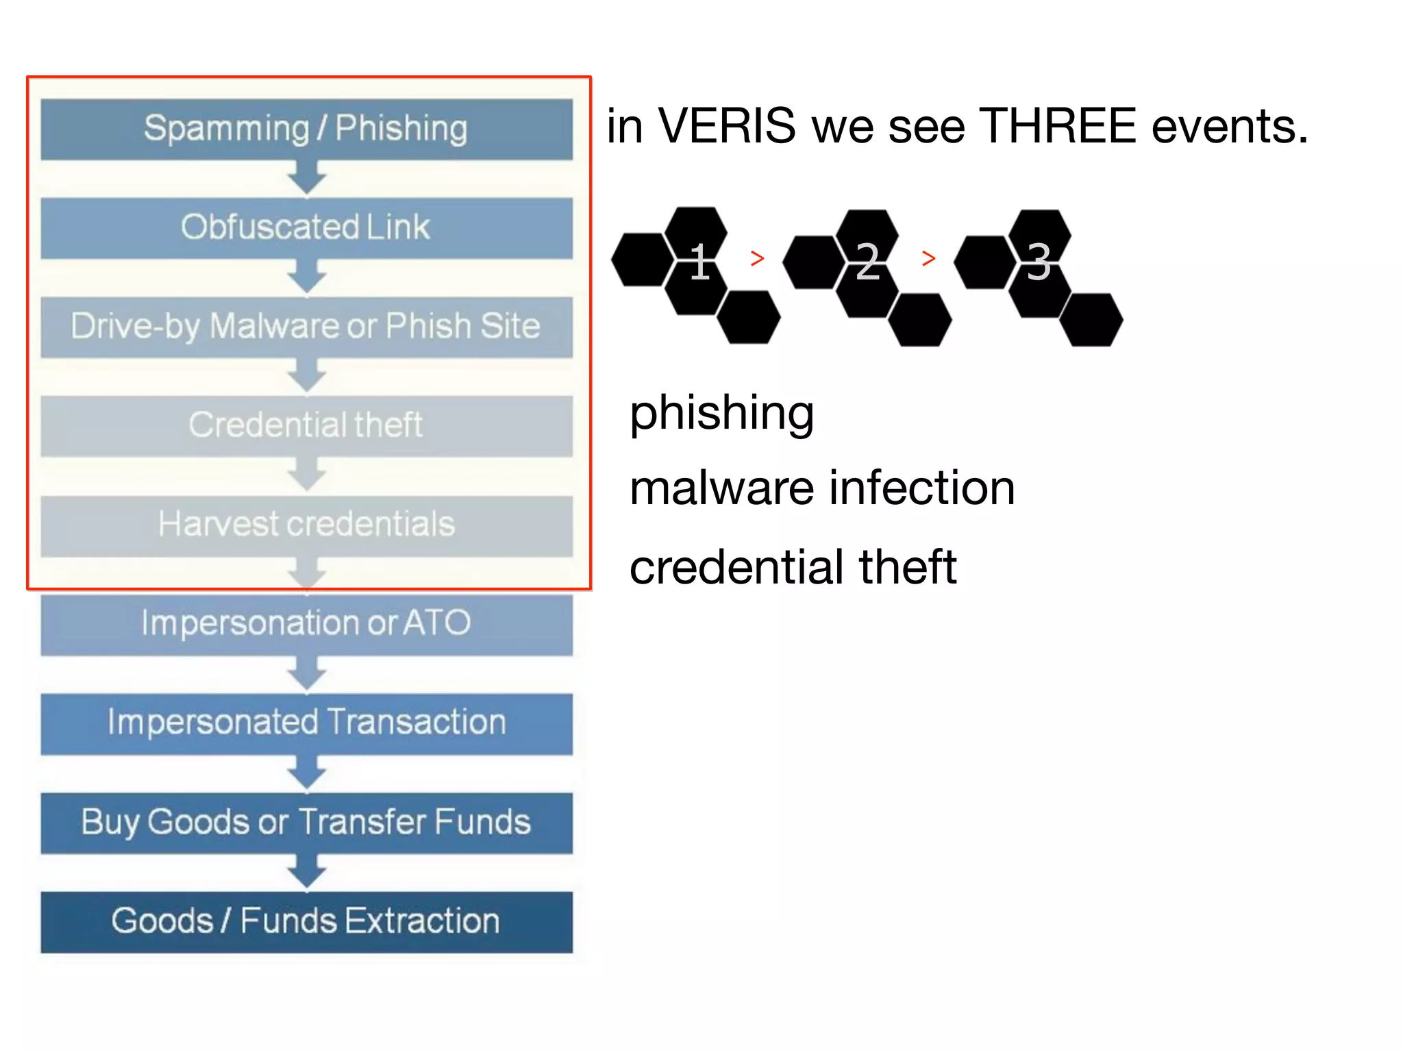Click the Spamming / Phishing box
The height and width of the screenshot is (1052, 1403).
306,129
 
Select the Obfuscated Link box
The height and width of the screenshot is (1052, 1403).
306,227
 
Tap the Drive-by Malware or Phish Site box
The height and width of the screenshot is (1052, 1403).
306,326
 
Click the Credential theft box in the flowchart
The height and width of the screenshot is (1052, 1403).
306,425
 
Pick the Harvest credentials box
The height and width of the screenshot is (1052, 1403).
306,525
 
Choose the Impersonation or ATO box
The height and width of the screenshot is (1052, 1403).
306,624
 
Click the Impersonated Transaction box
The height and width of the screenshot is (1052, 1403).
306,723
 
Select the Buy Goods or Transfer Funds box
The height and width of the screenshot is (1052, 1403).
306,823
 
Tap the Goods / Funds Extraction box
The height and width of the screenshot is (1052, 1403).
306,922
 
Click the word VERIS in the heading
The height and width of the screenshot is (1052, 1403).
727,127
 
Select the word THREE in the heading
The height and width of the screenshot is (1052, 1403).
1058,127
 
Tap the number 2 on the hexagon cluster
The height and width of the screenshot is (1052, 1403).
868,262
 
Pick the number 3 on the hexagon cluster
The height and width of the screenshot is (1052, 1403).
1039,262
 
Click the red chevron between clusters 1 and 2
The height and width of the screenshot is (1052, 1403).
757,258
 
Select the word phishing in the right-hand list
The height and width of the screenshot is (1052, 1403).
721,414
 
